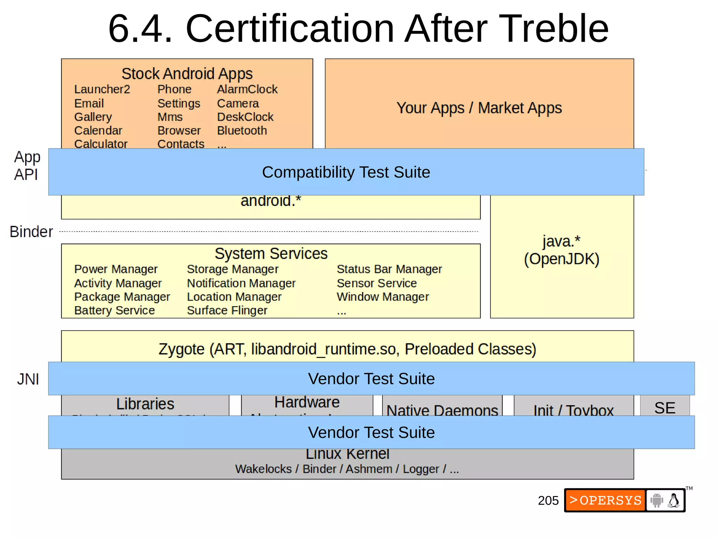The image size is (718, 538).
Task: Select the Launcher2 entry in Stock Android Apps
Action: pyautogui.click(x=102, y=89)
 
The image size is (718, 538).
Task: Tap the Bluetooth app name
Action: pyautogui.click(x=242, y=131)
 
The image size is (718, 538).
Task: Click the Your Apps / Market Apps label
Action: pyautogui.click(x=479, y=108)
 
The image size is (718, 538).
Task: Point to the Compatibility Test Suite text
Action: pyautogui.click(x=346, y=172)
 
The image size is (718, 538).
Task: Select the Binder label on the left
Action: pyautogui.click(x=31, y=232)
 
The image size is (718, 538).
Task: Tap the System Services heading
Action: pyautogui.click(x=271, y=254)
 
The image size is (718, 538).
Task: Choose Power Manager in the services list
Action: pyautogui.click(x=116, y=269)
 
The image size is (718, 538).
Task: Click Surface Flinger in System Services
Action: pyautogui.click(x=227, y=310)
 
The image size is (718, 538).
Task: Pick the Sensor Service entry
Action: pyautogui.click(x=377, y=283)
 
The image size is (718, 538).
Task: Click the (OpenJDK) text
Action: pyautogui.click(x=562, y=259)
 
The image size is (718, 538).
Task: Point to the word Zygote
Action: pyautogui.click(x=181, y=349)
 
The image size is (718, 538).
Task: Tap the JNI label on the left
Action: pyautogui.click(x=28, y=379)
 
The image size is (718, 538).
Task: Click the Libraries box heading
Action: pyautogui.click(x=145, y=404)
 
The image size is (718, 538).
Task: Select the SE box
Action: pyautogui.click(x=665, y=408)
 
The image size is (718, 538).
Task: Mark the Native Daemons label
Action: pyautogui.click(x=442, y=410)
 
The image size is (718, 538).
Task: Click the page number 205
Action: pyautogui.click(x=548, y=501)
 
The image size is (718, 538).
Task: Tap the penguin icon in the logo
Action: pyautogui.click(x=673, y=501)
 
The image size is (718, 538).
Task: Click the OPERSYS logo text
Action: pyautogui.click(x=605, y=501)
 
